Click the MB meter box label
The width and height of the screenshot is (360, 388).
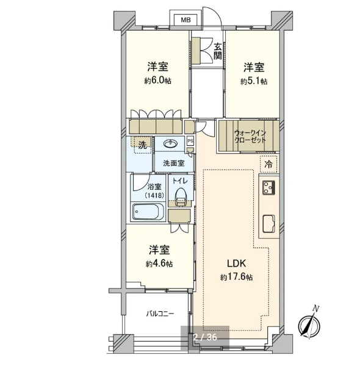(185, 20)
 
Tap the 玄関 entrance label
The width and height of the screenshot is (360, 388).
(217, 51)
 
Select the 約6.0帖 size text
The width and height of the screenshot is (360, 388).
(158, 81)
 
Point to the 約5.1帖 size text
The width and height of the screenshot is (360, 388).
(254, 81)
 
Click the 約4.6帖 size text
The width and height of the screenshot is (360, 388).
(159, 264)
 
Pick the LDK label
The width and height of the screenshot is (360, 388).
(237, 264)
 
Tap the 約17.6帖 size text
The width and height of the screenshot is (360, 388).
(237, 277)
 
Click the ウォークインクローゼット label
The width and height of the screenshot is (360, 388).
(250, 136)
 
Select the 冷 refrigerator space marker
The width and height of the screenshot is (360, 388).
(268, 164)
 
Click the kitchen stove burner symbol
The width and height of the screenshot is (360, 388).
(269, 187)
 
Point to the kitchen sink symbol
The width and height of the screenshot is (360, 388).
(268, 224)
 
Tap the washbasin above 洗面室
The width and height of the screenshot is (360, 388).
(170, 143)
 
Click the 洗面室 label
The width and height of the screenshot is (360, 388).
(174, 163)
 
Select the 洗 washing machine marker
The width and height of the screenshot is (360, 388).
(142, 145)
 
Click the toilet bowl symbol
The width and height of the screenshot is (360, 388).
(180, 197)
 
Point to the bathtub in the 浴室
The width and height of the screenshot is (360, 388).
(148, 212)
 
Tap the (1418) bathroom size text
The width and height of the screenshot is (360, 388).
(154, 195)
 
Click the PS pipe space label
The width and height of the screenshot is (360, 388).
(190, 142)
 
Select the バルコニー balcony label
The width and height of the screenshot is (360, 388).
(160, 314)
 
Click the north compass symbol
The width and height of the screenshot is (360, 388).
(309, 324)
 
